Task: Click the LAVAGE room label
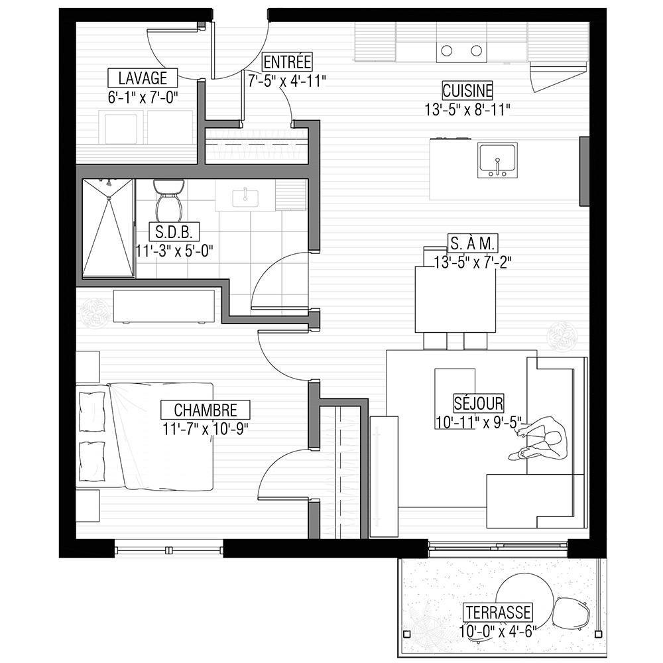click(143, 78)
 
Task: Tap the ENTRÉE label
click(287, 62)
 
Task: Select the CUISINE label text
click(467, 91)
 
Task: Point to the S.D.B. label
click(174, 231)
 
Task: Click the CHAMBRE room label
click(206, 410)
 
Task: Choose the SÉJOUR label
click(479, 403)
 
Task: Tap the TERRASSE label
click(498, 612)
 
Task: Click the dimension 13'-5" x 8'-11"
click(467, 110)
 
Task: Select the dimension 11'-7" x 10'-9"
click(206, 429)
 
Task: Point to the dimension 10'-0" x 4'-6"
click(498, 631)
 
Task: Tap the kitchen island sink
click(497, 160)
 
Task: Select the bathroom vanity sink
click(245, 198)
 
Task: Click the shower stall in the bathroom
click(108, 228)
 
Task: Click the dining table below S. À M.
click(455, 300)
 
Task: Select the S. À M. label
click(473, 243)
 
